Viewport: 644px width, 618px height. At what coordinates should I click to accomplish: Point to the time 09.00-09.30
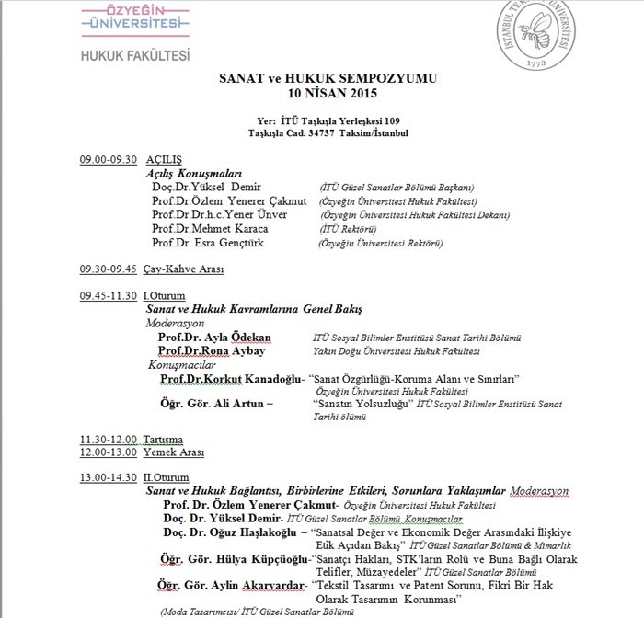108,159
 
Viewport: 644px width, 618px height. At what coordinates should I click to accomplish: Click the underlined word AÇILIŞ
165,159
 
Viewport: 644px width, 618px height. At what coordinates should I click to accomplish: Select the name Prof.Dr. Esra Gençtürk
206,243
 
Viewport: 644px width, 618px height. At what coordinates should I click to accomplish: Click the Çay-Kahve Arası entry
184,269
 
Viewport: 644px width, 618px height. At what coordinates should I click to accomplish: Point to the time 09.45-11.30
108,295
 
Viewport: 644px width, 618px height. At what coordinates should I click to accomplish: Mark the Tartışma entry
163,440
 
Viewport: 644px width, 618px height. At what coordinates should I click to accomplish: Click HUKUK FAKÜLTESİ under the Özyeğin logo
135,54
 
